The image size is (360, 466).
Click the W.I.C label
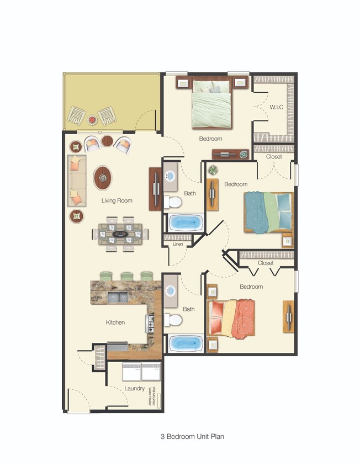tap(276, 107)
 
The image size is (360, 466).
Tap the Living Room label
tap(117, 200)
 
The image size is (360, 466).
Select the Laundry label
tap(135, 388)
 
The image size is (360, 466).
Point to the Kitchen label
tap(115, 322)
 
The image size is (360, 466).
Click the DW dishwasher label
tap(99, 298)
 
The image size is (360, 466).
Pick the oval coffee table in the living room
tap(102, 178)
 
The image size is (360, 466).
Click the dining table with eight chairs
tap(120, 234)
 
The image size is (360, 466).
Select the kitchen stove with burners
tap(150, 322)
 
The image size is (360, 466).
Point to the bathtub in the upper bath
tap(185, 223)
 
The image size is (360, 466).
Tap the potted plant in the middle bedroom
tap(213, 171)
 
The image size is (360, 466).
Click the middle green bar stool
tap(126, 276)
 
